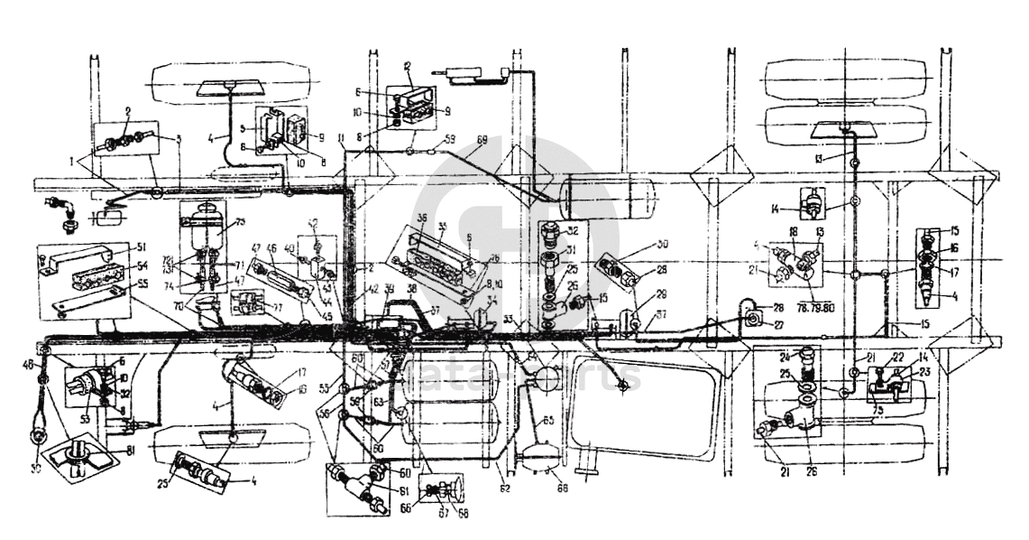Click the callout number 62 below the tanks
tap(505, 489)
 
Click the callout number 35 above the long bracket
tap(443, 227)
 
